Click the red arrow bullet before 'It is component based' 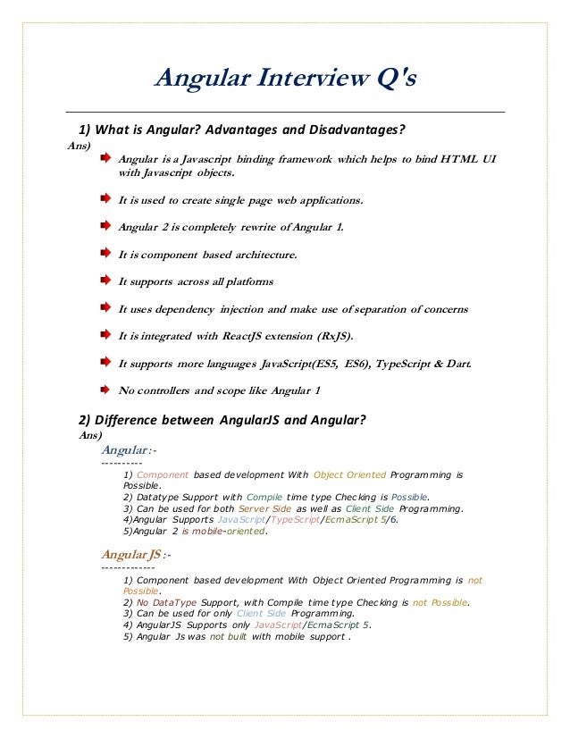point(105,254)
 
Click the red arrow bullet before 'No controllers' point(105,390)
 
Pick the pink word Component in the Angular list point(163,474)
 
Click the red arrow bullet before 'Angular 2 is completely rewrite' point(105,226)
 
